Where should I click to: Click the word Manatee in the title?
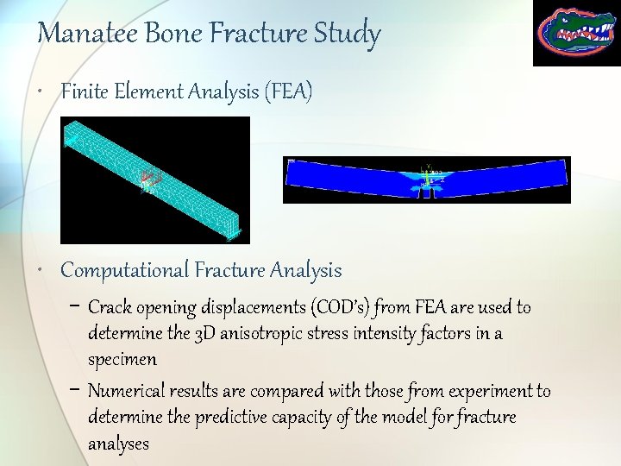tap(78, 34)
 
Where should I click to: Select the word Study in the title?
tap(349, 35)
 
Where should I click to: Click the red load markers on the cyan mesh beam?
tap(151, 179)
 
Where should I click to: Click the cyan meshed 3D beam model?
tap(155, 180)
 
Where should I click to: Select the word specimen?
tap(122, 359)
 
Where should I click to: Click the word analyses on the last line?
tap(118, 444)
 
